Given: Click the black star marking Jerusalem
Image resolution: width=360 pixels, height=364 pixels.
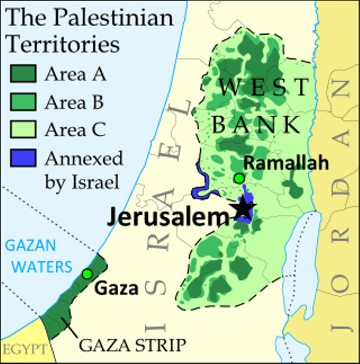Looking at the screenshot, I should click(x=243, y=209).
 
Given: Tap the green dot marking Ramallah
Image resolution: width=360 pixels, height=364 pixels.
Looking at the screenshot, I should click(x=239, y=179).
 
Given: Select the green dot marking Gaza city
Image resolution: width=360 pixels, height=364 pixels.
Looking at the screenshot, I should click(x=87, y=274).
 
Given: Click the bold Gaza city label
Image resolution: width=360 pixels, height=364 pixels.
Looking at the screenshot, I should click(x=116, y=288).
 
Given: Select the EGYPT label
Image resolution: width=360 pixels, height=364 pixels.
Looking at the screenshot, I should click(x=24, y=350).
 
